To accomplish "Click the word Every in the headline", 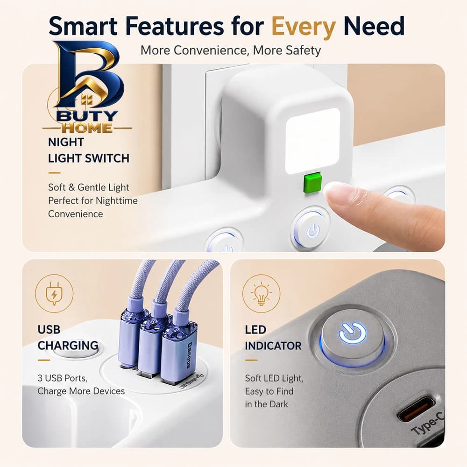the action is [x=304, y=27].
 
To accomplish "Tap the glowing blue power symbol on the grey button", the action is [x=352, y=333].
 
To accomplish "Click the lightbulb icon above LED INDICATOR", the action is [x=261, y=293].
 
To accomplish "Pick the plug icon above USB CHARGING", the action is [x=54, y=294].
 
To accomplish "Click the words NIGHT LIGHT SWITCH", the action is [x=89, y=150].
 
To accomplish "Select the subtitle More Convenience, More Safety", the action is [x=231, y=50].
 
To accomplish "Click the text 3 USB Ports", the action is [x=62, y=378].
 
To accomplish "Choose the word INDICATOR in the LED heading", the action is [x=273, y=346].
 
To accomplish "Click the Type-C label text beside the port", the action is [x=428, y=422].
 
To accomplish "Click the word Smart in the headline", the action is [x=84, y=26].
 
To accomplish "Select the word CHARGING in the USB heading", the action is [x=68, y=346].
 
